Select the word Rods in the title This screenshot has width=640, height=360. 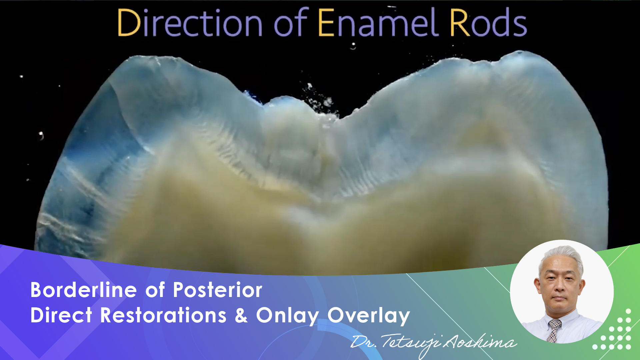488,23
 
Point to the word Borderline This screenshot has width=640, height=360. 83,290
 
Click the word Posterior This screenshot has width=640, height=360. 217,290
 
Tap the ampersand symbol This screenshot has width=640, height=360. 241,315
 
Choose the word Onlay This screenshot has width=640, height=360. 287,316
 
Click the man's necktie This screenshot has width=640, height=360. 554,330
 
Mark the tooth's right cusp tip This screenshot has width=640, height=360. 520,53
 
